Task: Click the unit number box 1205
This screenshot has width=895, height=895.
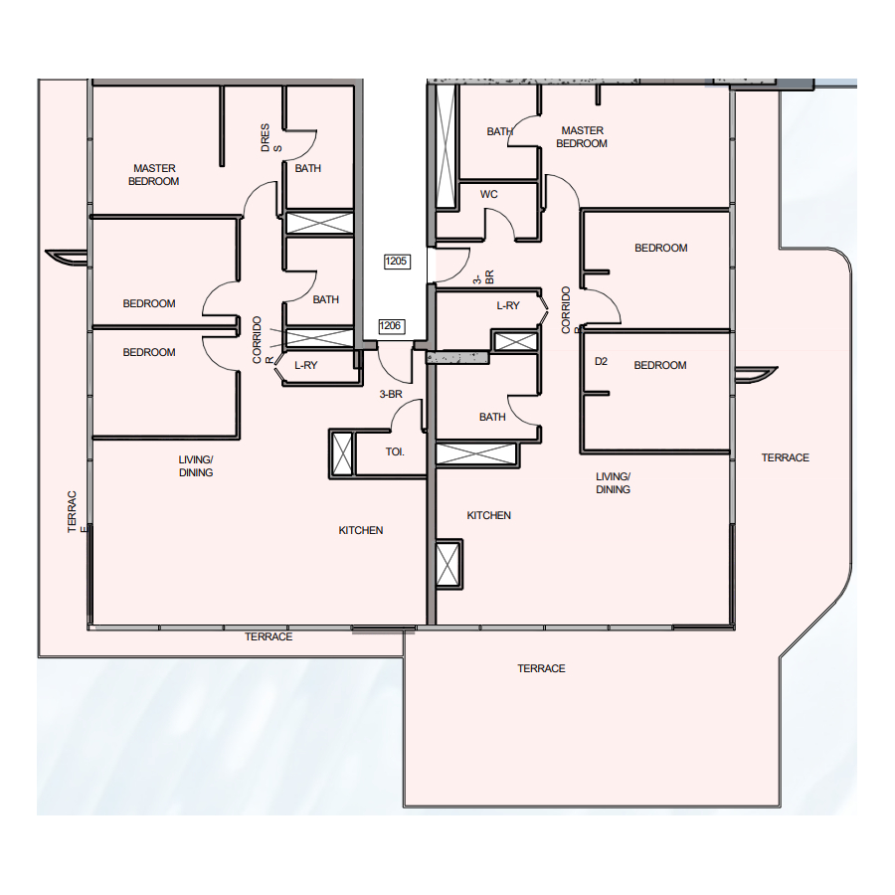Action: (x=396, y=262)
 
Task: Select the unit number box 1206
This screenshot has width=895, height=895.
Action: (x=391, y=326)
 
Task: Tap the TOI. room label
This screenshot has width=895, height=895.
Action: (x=395, y=452)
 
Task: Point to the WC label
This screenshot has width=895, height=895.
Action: (x=488, y=194)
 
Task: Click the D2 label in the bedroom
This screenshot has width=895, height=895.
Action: (x=601, y=361)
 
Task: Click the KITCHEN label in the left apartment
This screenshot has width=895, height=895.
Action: (x=361, y=530)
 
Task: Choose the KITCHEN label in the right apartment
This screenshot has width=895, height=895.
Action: (x=488, y=515)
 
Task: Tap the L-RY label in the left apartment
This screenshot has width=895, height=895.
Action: (x=306, y=365)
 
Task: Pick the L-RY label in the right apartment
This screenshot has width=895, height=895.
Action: (x=508, y=306)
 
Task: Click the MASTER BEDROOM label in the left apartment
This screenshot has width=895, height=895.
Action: (x=153, y=175)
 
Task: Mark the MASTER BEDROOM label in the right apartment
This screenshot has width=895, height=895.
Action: (x=582, y=137)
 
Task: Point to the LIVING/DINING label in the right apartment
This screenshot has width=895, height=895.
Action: (x=613, y=483)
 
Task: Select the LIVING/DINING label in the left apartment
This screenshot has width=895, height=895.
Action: (x=196, y=465)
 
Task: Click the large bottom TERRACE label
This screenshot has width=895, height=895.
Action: (x=541, y=668)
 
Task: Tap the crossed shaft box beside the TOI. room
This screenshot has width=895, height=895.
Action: (x=342, y=453)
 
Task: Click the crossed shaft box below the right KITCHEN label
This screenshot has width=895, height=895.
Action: (x=448, y=564)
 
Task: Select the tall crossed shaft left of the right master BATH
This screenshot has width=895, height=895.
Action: (x=446, y=145)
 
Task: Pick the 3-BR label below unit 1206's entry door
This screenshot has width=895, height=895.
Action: (x=391, y=395)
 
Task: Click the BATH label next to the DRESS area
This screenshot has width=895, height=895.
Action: (x=307, y=168)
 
